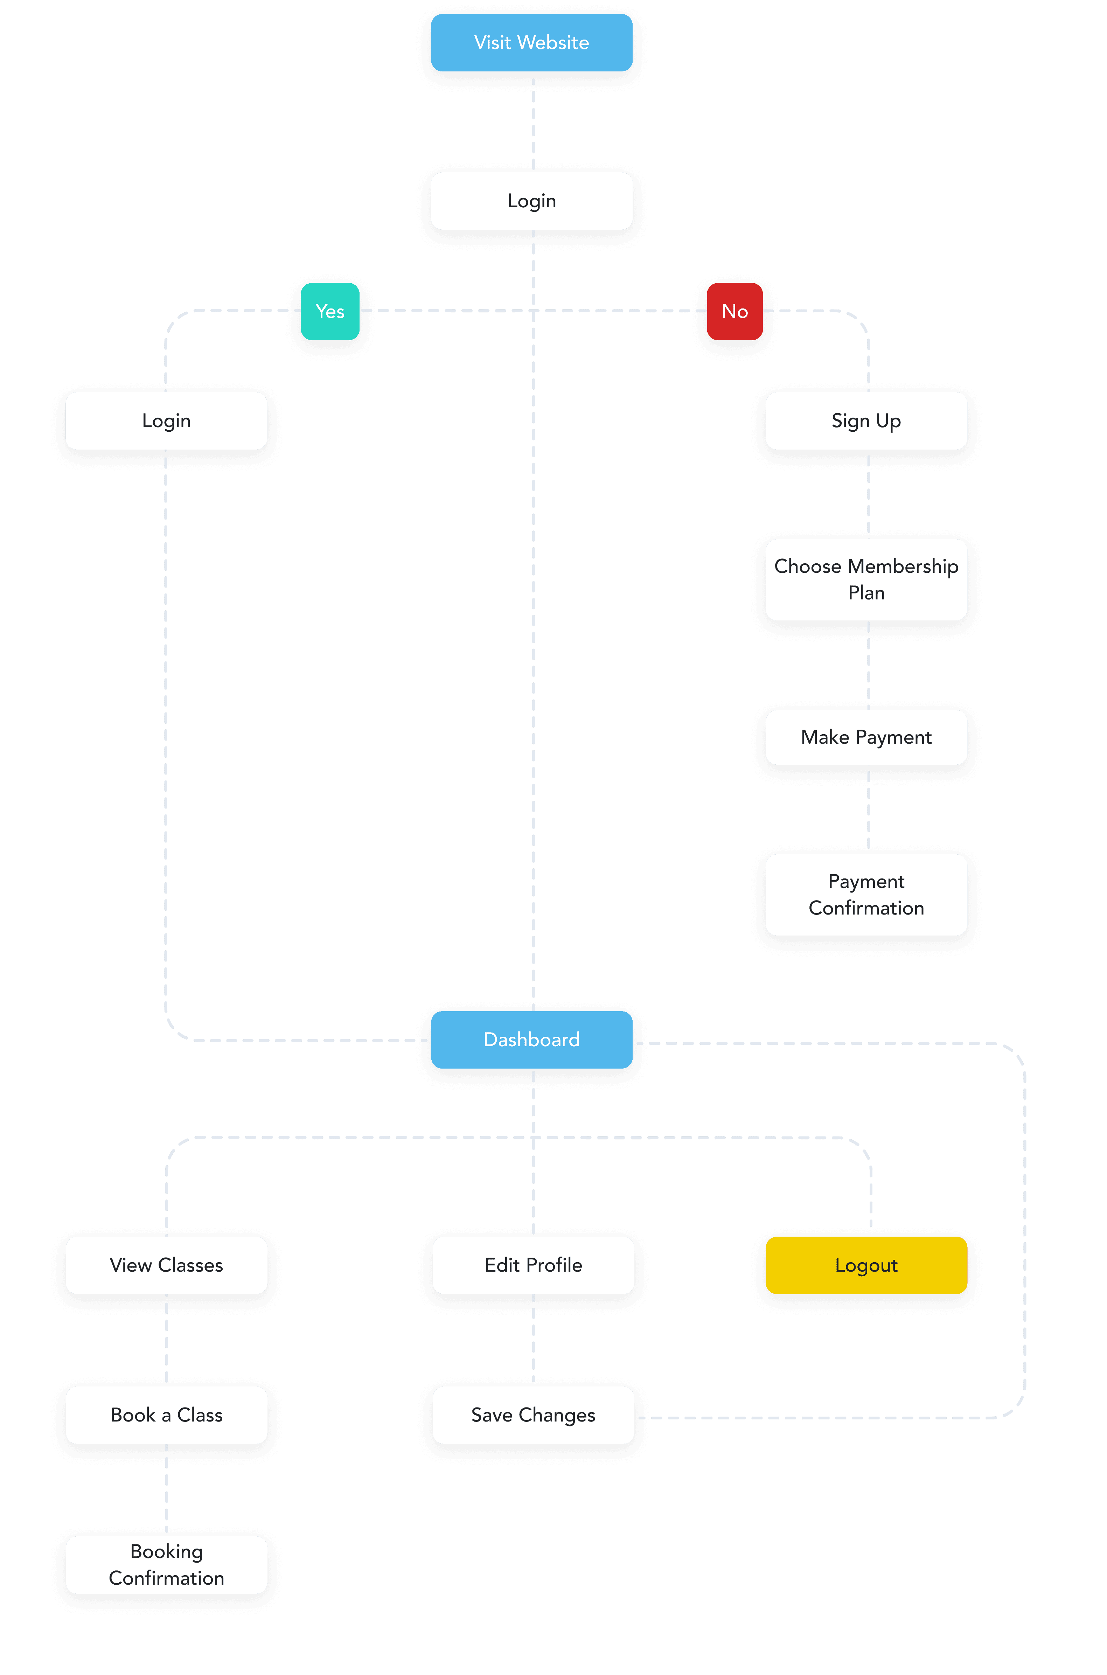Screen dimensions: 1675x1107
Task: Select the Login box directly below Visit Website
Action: (531, 201)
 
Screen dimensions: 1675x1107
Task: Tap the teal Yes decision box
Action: (330, 311)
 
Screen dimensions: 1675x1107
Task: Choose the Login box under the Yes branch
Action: (167, 421)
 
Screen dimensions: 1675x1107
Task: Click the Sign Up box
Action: (866, 421)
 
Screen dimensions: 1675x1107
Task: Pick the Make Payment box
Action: (866, 737)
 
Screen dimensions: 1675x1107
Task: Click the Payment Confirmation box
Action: (866, 894)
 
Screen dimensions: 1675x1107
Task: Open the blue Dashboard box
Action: (531, 1040)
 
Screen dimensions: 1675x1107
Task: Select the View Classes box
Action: (167, 1265)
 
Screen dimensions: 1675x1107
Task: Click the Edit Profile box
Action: (533, 1265)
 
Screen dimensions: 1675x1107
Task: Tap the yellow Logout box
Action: (866, 1265)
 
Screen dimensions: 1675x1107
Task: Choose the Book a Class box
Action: (167, 1415)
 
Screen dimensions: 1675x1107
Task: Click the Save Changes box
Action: (533, 1415)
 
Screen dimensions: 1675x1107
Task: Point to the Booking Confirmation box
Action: (167, 1565)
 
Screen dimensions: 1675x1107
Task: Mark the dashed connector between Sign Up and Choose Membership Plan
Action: (868, 494)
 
